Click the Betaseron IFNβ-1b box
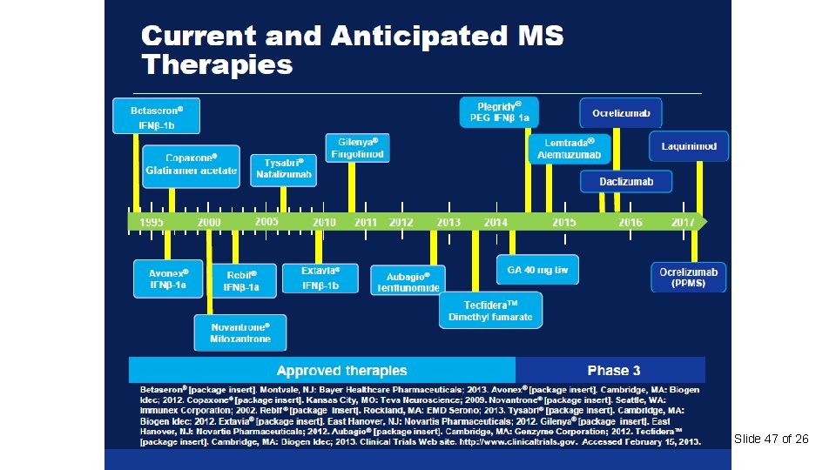coord(156,116)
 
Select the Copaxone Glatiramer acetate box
coord(191,164)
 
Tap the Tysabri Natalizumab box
coord(283,169)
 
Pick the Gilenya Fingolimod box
coord(357,147)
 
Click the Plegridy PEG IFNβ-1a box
coord(499,111)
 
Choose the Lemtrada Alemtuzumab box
coord(569,149)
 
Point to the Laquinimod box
coord(689,146)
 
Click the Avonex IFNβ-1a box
coord(169,279)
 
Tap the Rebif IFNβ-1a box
coord(241,280)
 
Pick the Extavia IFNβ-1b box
coord(320,279)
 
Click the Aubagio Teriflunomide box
coord(407,280)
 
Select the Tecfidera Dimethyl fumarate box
coord(490,310)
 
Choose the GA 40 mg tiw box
coord(537,270)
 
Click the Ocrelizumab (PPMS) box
coord(689,278)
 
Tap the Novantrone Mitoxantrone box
coord(239,332)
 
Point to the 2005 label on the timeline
coord(267,222)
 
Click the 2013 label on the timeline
coord(448,223)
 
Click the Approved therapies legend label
coord(341,371)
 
